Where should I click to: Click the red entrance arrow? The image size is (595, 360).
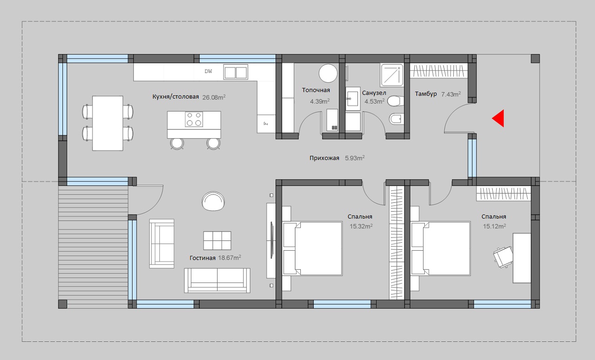coord(498,118)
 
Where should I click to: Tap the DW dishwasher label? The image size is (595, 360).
coord(208,71)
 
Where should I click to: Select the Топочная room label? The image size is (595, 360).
coord(316,90)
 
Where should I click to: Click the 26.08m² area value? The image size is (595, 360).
coord(214,97)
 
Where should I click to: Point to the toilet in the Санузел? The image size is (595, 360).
coord(395,101)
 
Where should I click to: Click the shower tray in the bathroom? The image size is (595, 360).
coord(391,75)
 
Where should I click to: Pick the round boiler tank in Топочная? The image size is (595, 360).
coord(328,73)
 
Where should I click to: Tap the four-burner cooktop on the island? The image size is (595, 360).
coord(194,119)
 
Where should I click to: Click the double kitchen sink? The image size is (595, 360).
coord(236,72)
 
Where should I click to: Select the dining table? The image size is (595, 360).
coord(107,123)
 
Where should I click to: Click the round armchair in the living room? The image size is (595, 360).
coord(213,201)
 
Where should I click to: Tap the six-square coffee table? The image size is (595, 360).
coord(217,240)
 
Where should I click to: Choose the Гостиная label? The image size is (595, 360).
coord(202,258)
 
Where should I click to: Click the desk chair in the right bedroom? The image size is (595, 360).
coord(503,257)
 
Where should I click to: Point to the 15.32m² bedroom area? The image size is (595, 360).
coord(361,226)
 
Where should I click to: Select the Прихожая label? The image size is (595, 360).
coord(324,158)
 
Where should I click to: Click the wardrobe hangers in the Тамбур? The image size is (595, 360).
coord(439,70)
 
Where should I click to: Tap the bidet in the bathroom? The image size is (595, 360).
coord(397,119)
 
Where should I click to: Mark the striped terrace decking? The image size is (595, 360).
coord(93,243)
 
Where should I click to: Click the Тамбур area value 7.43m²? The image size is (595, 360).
coord(451,94)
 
